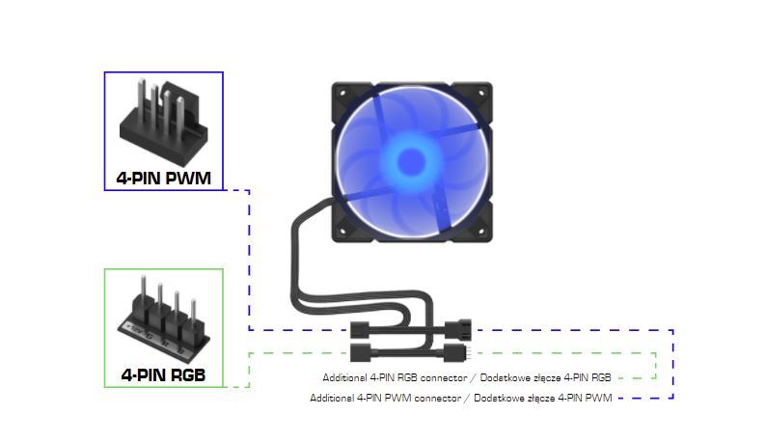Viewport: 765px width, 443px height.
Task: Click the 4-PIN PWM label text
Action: [x=163, y=178]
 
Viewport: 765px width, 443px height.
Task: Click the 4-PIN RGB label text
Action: [x=163, y=374]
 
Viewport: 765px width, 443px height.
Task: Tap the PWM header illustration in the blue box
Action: [x=163, y=121]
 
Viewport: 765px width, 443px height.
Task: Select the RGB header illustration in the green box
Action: [x=163, y=314]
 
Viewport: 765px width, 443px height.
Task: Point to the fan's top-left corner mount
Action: [x=344, y=93]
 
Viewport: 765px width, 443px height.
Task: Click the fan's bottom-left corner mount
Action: [x=344, y=228]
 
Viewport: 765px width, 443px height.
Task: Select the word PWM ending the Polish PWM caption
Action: [x=598, y=398]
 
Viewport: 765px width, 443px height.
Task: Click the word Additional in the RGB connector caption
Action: [x=344, y=377]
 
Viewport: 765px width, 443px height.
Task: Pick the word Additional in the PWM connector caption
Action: [x=332, y=398]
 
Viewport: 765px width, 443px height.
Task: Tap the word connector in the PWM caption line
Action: [x=422, y=398]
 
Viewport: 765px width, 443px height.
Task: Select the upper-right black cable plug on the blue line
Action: [x=457, y=327]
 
